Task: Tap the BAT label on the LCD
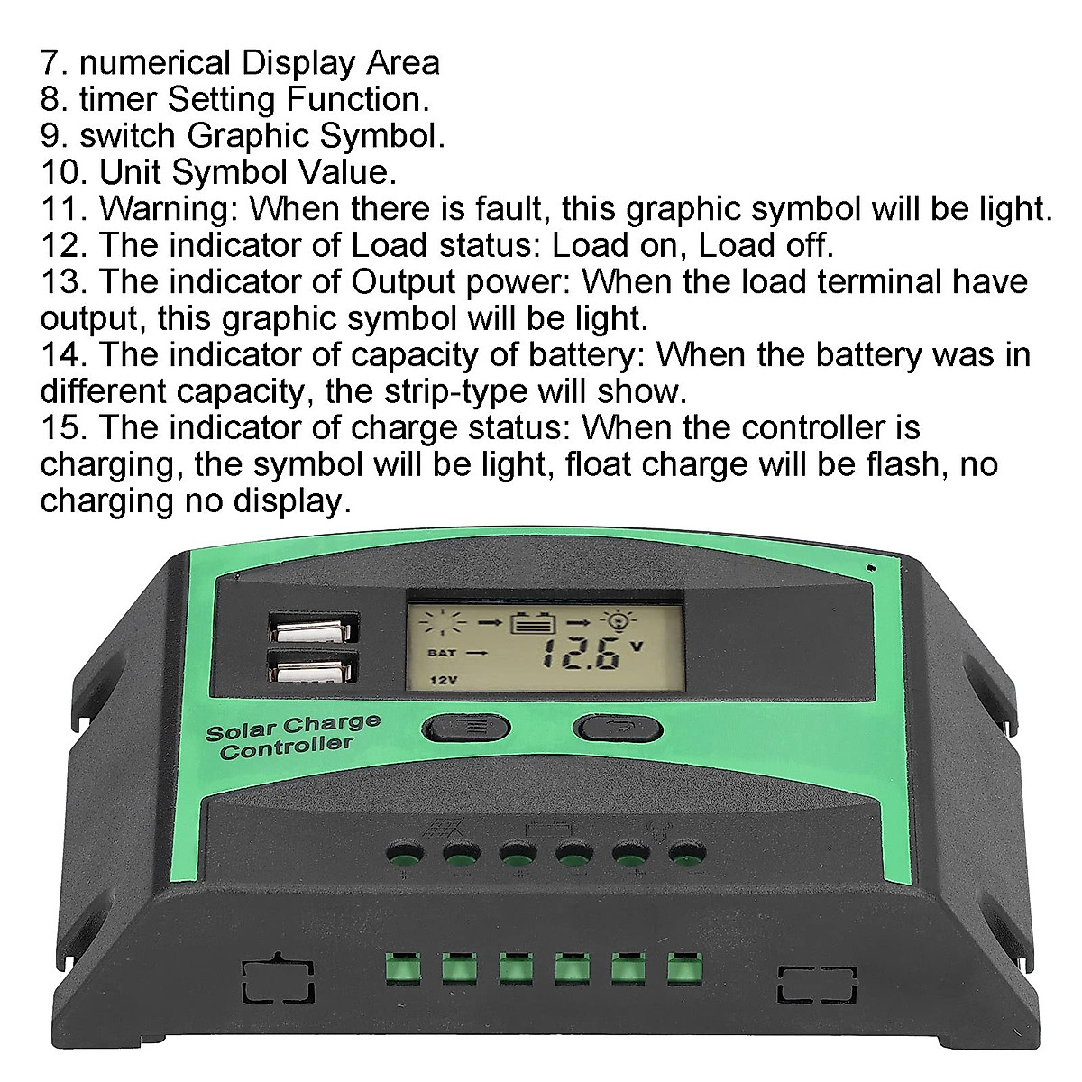tap(442, 651)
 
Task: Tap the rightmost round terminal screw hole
tap(687, 851)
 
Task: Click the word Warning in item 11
tap(168, 208)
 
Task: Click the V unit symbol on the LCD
tap(637, 645)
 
